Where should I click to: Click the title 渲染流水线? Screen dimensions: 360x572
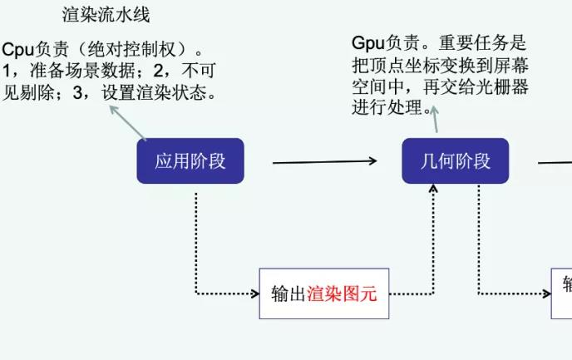106,14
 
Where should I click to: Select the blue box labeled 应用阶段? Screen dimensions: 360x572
190,160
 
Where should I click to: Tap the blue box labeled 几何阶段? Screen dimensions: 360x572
455,160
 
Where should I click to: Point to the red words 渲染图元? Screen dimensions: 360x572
348,293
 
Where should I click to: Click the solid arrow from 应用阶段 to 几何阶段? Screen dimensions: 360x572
325,161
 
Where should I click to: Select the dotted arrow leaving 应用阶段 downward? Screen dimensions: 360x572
196,241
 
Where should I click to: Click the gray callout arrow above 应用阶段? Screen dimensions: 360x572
129,122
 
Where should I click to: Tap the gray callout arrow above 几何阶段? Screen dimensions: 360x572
432,121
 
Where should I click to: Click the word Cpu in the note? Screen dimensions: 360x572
17,50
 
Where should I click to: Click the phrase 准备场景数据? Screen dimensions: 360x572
83,72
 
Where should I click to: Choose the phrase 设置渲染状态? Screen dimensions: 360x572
158,93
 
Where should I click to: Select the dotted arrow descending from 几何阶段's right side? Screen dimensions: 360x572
479,241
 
